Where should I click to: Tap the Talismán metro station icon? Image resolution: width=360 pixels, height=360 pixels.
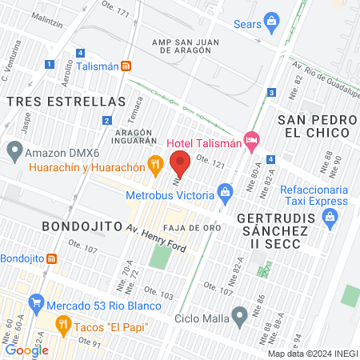(126, 67)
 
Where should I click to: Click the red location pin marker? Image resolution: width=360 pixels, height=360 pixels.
(181, 162)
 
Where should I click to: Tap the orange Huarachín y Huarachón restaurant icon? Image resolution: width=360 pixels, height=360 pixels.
(156, 166)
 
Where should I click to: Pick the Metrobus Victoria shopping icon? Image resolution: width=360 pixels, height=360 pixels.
(226, 192)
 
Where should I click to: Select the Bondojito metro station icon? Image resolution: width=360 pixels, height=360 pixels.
(52, 258)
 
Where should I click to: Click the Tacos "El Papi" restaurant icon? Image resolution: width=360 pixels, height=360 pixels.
(63, 324)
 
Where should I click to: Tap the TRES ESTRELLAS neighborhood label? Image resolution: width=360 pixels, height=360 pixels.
(66, 102)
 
